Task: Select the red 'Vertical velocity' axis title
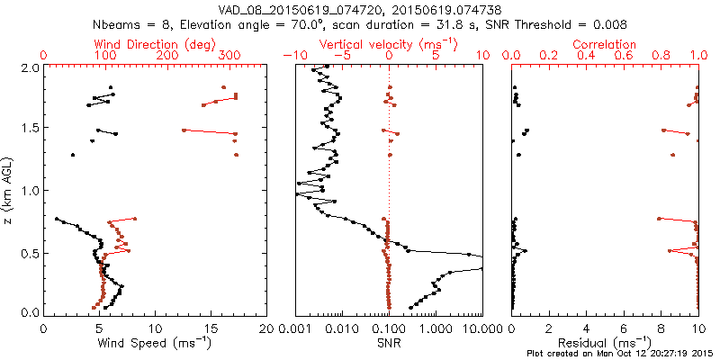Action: pos(389,44)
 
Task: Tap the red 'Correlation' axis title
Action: pos(605,44)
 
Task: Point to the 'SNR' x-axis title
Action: pos(389,343)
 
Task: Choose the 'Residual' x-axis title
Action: pos(605,343)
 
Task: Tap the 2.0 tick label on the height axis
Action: pos(30,67)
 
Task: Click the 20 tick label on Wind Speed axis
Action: pos(265,328)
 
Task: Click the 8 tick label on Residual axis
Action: pos(661,328)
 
